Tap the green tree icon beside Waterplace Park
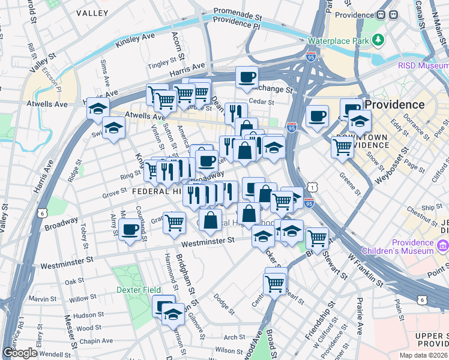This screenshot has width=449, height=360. tap(378, 40)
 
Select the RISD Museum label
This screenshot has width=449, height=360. tap(423, 65)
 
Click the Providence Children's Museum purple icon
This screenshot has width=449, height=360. tap(444, 245)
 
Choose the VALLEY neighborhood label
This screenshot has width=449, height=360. tap(92, 13)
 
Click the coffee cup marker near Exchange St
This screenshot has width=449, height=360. tap(247, 77)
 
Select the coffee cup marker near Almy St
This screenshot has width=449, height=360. tap(130, 229)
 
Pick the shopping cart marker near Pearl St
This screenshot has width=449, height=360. tap(275, 283)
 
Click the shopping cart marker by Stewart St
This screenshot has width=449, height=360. tap(317, 238)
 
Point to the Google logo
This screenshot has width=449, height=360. tap(20, 353)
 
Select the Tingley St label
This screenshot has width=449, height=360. tap(163, 62)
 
